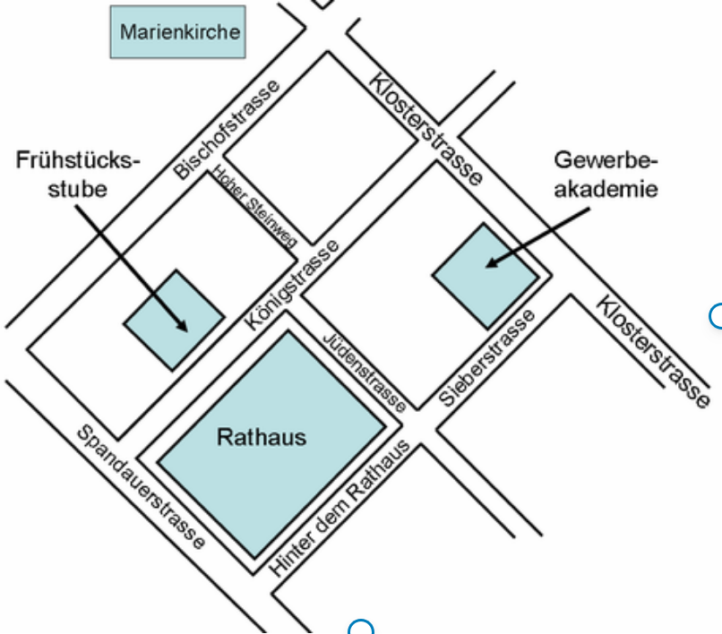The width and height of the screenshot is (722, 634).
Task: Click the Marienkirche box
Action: pos(180,32)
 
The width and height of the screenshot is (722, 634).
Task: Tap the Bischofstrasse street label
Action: pos(227,128)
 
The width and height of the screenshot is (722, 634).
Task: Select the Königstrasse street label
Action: pos(292,285)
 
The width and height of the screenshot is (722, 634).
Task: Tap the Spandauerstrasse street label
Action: pos(141,486)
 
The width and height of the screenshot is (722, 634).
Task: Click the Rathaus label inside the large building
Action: pos(262,437)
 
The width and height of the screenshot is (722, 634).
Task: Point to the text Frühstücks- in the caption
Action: pos(79,161)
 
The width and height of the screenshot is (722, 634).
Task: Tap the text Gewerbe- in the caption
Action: pos(606,161)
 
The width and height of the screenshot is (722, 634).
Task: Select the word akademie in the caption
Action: pos(606,189)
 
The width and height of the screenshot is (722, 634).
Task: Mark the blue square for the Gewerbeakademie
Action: pos(486,275)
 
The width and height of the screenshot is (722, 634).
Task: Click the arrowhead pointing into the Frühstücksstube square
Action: pos(183,327)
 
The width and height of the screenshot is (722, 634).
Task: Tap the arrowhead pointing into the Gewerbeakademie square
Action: pos(491,263)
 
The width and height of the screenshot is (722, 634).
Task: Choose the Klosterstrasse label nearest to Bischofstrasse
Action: pos(425,129)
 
